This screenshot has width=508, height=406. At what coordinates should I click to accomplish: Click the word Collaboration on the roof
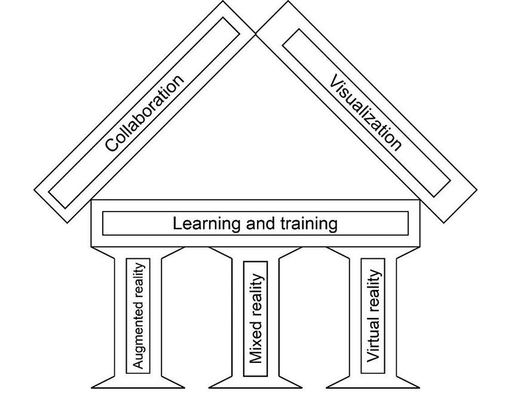[x=145, y=113]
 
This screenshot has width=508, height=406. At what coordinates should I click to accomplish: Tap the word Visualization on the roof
[x=365, y=112]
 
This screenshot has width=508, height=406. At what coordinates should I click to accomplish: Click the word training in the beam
[x=308, y=224]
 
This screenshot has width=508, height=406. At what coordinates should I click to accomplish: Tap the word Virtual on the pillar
[x=373, y=341]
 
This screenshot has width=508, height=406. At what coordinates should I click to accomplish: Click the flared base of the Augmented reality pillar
[x=138, y=381]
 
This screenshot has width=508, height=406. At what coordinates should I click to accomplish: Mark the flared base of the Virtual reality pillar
[x=373, y=381]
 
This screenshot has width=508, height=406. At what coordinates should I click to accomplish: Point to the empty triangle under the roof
[x=256, y=132]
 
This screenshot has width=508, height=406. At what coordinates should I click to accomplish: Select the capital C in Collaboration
[x=111, y=144]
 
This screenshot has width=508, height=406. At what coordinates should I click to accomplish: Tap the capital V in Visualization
[x=335, y=81]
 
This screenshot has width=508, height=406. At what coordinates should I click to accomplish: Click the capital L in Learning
[x=178, y=224]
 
